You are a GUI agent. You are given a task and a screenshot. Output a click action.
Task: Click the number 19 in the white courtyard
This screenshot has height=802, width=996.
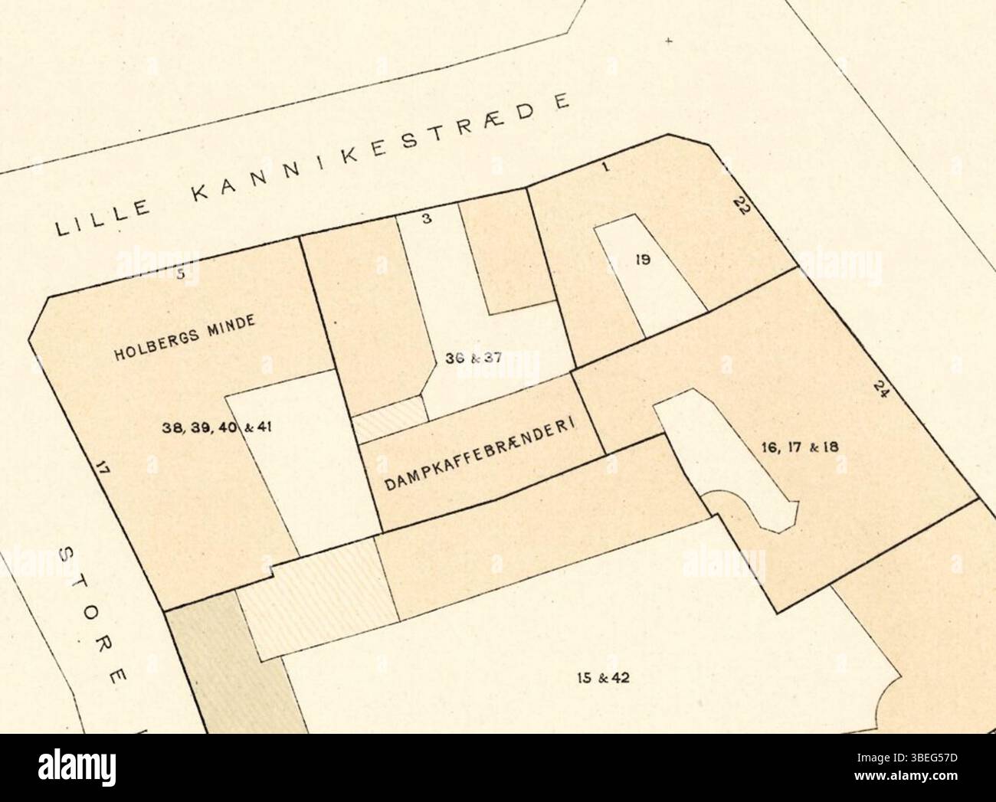tap(644, 260)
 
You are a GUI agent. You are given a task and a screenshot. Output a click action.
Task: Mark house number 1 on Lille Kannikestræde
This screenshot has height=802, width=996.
tap(605, 167)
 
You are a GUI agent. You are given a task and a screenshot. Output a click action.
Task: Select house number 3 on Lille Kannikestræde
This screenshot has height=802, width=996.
tap(428, 218)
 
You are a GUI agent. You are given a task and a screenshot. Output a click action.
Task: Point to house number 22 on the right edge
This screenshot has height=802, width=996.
tap(741, 207)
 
